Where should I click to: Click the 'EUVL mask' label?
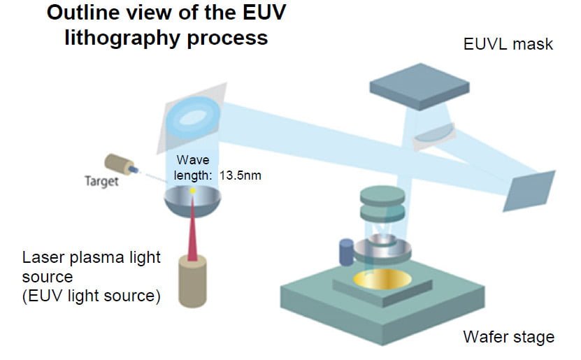508,45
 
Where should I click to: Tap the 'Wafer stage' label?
508,337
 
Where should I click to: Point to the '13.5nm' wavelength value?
240,175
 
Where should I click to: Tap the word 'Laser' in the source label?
43,257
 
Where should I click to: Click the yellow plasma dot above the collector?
192,190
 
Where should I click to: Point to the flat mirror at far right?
529,191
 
